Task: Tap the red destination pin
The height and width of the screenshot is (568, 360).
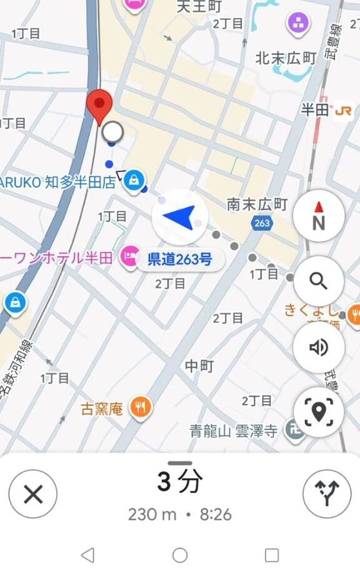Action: pos(99,105)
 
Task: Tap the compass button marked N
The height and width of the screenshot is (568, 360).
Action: pos(319,215)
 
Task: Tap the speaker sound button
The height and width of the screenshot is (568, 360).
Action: pos(319,347)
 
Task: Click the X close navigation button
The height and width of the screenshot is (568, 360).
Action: pos(33,494)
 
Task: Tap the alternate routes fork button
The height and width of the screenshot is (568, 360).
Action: pos(327,494)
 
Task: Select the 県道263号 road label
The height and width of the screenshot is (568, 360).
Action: pos(179,259)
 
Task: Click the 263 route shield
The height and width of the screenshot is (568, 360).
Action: pos(262,223)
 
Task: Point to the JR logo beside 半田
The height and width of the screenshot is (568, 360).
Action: pos(342,111)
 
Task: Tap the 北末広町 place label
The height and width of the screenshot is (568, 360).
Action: pos(286,58)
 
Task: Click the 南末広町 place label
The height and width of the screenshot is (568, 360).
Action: pos(257,204)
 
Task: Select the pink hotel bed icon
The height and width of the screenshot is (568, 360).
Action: pos(129,256)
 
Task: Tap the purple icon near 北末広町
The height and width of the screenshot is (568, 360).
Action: pos(299,24)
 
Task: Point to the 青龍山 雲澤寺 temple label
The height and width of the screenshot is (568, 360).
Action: pos(234,430)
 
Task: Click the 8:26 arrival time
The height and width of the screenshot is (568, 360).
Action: pos(216,515)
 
